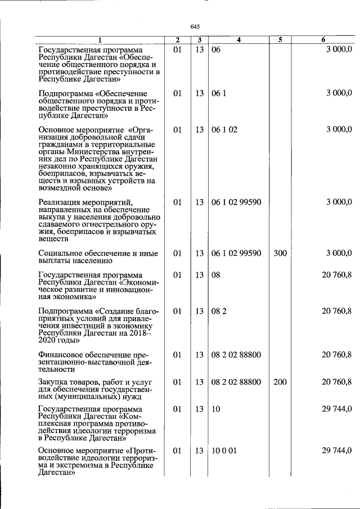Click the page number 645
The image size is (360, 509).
pos(195,27)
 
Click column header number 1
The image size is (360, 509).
pos(100,40)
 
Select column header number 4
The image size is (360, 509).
pos(238,40)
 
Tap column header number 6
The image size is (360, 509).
pos(323,40)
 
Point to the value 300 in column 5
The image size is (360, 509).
pos(280,254)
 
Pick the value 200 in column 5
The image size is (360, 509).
pos(280,382)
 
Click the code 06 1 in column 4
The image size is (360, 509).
pos(218,93)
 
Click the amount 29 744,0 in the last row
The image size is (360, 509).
pos(336,451)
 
